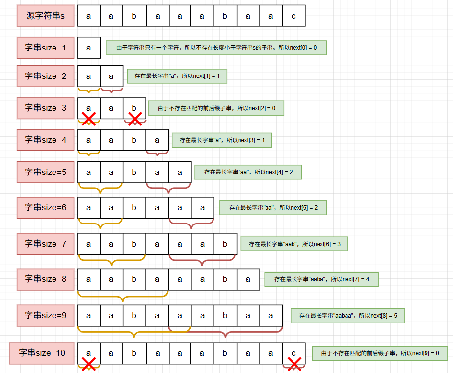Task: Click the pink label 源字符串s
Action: click(x=45, y=16)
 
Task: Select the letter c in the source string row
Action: click(x=293, y=16)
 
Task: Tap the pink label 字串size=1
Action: click(x=45, y=48)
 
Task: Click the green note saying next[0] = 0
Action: click(x=216, y=48)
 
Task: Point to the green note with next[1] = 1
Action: click(x=177, y=76)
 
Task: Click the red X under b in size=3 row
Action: click(x=135, y=119)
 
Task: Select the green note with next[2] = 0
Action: click(x=216, y=108)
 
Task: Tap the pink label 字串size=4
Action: click(x=45, y=140)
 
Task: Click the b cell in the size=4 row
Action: click(x=134, y=140)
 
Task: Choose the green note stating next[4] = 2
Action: click(x=248, y=172)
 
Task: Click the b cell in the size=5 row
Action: click(x=134, y=173)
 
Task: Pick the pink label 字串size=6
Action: click(x=45, y=207)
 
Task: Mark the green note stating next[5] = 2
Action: click(x=273, y=208)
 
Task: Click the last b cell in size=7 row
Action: click(x=225, y=244)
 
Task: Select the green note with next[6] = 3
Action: click(x=294, y=244)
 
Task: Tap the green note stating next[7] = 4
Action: click(x=321, y=279)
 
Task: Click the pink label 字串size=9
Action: click(x=45, y=316)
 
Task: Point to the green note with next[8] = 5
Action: click(x=347, y=316)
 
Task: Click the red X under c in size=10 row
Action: click(x=294, y=364)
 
